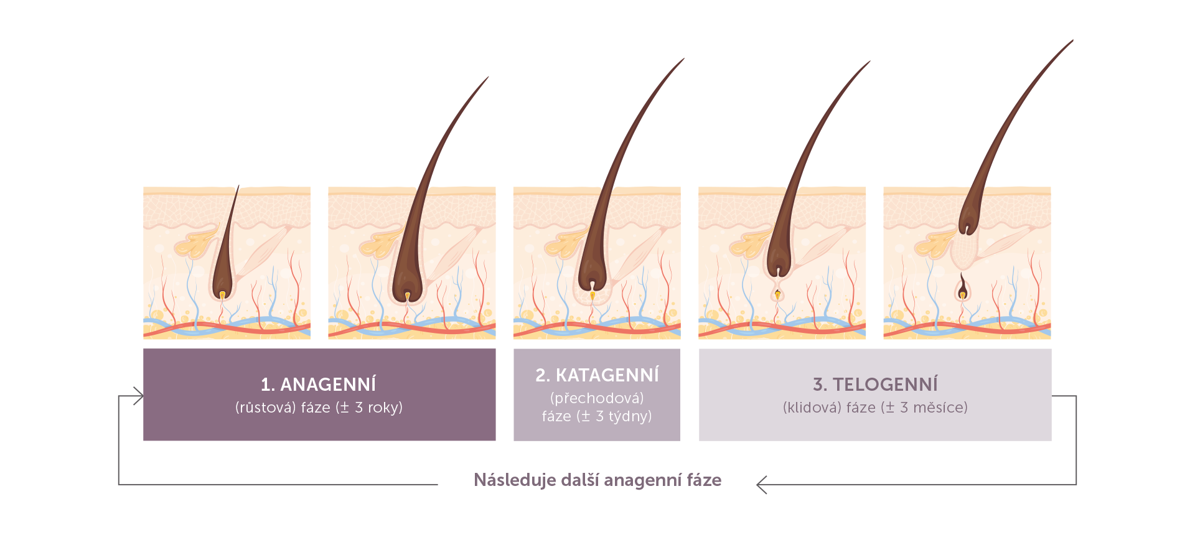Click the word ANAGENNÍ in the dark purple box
click(328, 385)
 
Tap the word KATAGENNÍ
click(607, 375)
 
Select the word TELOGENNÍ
click(885, 385)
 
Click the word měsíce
click(940, 408)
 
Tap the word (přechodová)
click(597, 398)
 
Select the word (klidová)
click(812, 408)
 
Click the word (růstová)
click(265, 408)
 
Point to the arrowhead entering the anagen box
click(139, 396)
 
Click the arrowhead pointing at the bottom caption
click(761, 485)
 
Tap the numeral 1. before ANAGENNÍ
click(268, 385)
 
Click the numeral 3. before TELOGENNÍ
click(820, 385)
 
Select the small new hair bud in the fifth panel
click(962, 287)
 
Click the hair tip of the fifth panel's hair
click(1072, 41)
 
